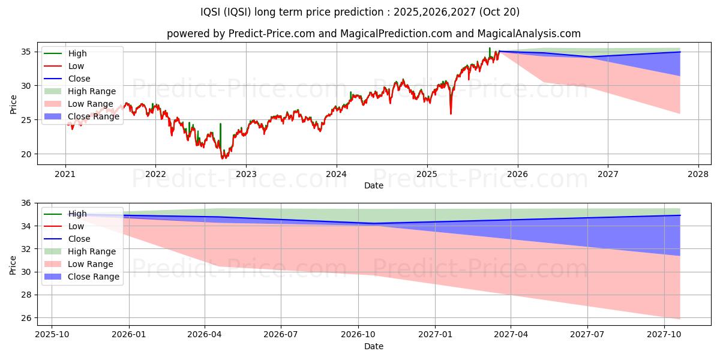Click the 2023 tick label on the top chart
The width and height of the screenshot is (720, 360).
tap(246, 175)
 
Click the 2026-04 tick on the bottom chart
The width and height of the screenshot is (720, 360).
tap(205, 335)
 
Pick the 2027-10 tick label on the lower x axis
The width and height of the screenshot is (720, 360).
tap(664, 335)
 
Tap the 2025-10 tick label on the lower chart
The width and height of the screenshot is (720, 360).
tap(52, 335)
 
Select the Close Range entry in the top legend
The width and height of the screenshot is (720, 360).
tap(94, 116)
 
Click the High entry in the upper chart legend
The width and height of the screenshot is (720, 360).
tap(77, 53)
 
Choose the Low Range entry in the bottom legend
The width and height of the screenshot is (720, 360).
tap(91, 264)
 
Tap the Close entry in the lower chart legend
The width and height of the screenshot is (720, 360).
tap(79, 239)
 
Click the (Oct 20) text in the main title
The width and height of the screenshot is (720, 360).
tap(499, 12)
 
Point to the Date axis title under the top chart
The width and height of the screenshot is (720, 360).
tap(374, 186)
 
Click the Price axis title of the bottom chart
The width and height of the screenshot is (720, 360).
tap(13, 264)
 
